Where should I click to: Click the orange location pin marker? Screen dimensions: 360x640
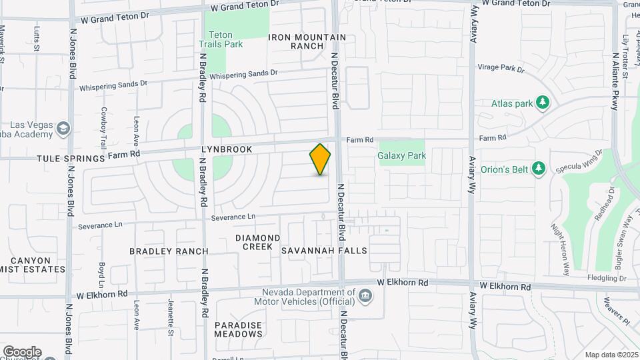pyautogui.click(x=321, y=159)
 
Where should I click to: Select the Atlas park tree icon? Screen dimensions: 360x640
pyautogui.click(x=544, y=103)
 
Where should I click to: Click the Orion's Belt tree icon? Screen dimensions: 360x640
pyautogui.click(x=539, y=169)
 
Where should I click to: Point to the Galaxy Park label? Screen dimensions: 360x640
pyautogui.click(x=401, y=156)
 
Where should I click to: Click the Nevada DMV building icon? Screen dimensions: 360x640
pyautogui.click(x=365, y=295)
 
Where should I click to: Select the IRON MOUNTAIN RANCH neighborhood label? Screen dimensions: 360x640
pyautogui.click(x=307, y=42)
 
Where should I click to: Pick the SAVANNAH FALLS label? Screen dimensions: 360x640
pyautogui.click(x=324, y=251)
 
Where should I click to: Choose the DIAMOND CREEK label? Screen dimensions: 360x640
pyautogui.click(x=257, y=242)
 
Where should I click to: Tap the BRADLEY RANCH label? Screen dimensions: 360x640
pyautogui.click(x=169, y=251)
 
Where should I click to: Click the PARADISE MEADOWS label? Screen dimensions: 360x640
pyautogui.click(x=238, y=329)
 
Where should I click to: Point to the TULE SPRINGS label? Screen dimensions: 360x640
pyautogui.click(x=53, y=159)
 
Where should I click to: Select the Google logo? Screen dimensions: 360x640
pyautogui.click(x=22, y=352)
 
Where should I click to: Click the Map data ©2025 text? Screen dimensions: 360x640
pyautogui.click(x=611, y=355)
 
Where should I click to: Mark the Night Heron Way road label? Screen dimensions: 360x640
pyautogui.click(x=560, y=246)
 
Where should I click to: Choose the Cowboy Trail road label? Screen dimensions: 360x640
pyautogui.click(x=103, y=128)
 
